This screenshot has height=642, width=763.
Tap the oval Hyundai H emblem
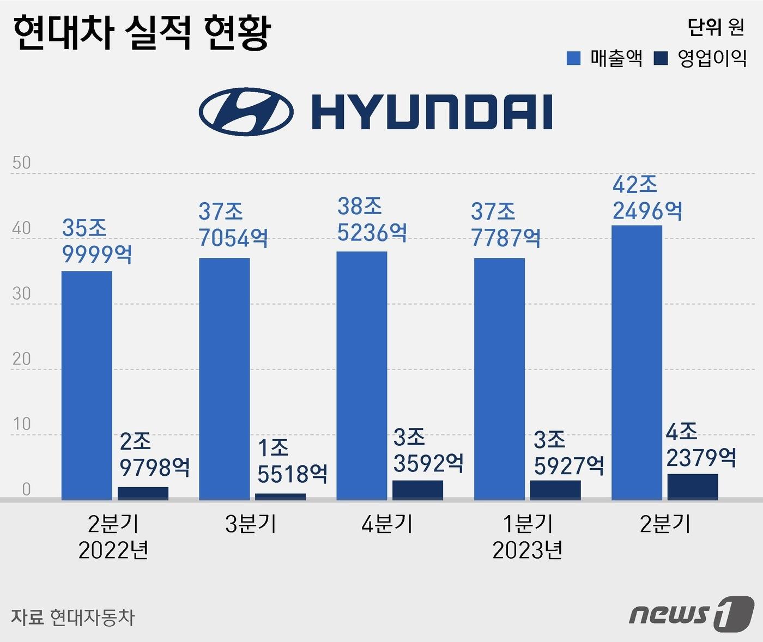pos(246,112)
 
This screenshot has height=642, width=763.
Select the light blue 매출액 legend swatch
pos(573,58)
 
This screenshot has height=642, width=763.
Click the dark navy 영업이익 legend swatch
pos(661,58)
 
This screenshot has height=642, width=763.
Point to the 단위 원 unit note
pos(716,27)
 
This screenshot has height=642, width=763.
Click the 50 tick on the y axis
pos(22,163)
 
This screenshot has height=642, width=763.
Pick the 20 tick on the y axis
pos(22,359)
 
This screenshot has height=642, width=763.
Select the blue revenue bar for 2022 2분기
pos(87,385)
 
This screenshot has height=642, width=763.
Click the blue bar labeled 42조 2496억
pos(637,362)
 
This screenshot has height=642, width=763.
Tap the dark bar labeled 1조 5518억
pos(280,496)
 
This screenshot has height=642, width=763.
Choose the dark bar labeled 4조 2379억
pos(693,487)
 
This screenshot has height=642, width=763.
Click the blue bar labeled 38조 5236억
pos(362,375)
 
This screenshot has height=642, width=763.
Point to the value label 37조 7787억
pos(505,225)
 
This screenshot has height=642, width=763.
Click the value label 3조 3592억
pos(428,450)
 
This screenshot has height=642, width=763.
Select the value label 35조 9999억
pos(97,241)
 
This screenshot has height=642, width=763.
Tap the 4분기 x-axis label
pos(387,524)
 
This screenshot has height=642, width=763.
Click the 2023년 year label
pos(527,550)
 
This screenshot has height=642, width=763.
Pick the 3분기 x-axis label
pos(250,524)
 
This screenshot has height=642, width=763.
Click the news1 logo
pos(691,615)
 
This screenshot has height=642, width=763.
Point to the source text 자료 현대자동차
pos(72,617)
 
